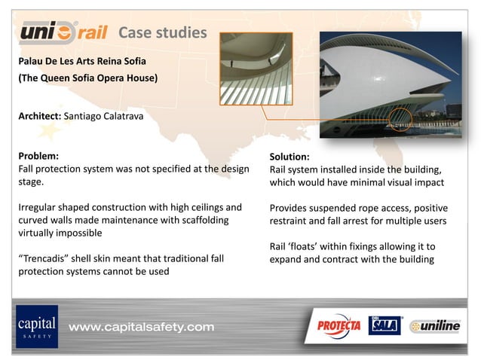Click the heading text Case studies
tap(162, 32)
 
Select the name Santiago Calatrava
tap(103, 117)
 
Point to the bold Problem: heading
tap(38, 157)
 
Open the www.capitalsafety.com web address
tap(142, 327)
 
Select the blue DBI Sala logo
tap(384, 325)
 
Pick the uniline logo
tap(436, 326)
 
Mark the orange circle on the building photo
tap(401, 120)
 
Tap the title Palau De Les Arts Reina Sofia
tap(82, 59)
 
